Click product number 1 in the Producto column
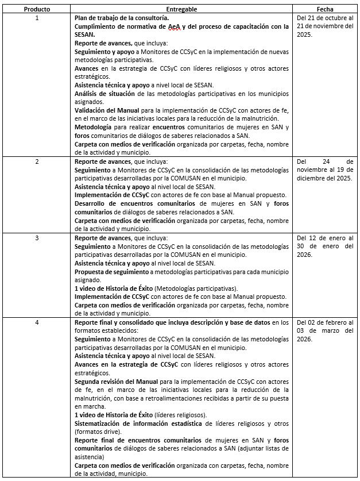tap(37, 18)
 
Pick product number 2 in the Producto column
tap(37, 161)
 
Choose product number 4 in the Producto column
tap(37, 322)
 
